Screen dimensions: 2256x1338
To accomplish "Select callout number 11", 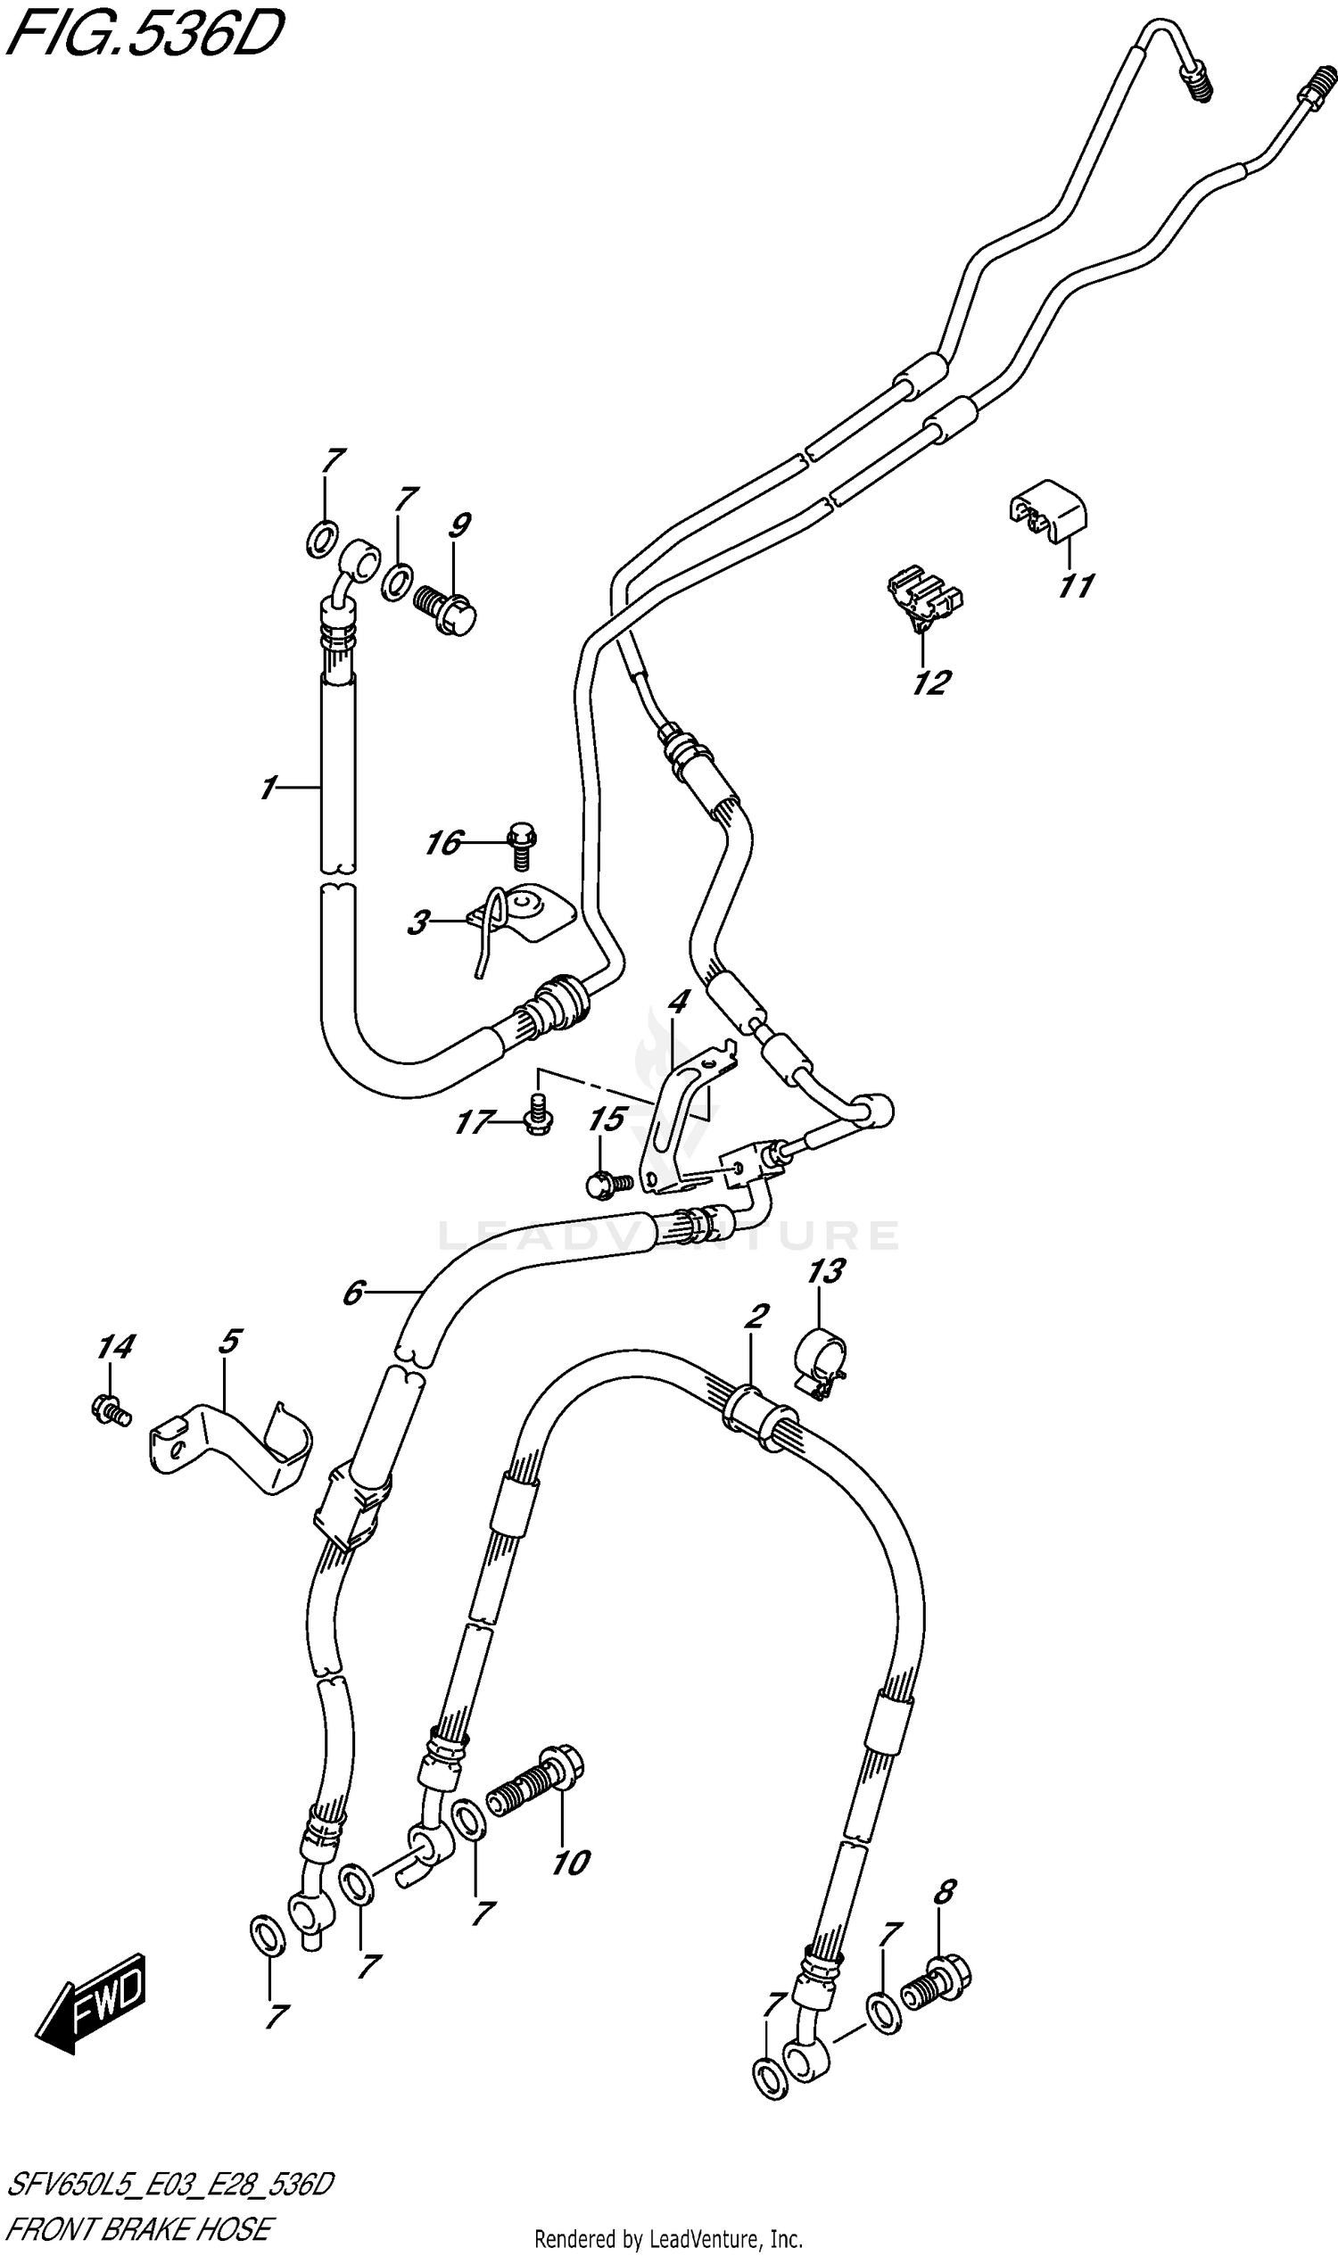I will (x=1076, y=587).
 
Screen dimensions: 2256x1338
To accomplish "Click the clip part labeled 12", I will (x=925, y=597).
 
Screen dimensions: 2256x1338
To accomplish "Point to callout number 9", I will (x=458, y=525).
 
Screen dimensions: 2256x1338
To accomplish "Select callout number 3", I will (x=417, y=923).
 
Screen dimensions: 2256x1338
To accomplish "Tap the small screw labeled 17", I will (x=538, y=1114).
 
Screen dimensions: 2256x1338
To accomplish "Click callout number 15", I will (x=607, y=1120).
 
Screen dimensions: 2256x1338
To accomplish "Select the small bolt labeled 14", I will (x=110, y=1409).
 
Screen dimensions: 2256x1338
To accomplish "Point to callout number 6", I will (x=352, y=1293).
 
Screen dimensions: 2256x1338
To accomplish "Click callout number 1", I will (x=268, y=789).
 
